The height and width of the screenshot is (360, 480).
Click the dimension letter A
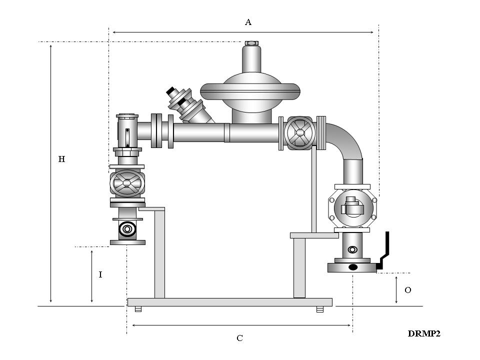[248, 22]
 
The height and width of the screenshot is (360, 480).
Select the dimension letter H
[61, 159]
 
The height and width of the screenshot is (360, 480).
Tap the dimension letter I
[100, 274]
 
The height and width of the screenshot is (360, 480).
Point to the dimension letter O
[407, 290]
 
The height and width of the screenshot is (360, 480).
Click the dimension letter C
[240, 338]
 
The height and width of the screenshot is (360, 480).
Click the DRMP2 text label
[423, 333]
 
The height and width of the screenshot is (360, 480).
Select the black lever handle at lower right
[384, 252]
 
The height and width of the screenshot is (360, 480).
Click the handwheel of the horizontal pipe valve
[299, 133]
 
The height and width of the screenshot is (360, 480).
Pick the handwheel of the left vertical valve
[127, 183]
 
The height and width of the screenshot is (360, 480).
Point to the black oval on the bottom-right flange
[352, 267]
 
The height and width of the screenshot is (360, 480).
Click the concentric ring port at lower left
[127, 229]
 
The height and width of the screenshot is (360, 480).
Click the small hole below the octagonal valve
[353, 248]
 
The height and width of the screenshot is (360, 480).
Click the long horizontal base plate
[230, 302]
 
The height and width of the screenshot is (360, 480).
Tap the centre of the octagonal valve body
[352, 207]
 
